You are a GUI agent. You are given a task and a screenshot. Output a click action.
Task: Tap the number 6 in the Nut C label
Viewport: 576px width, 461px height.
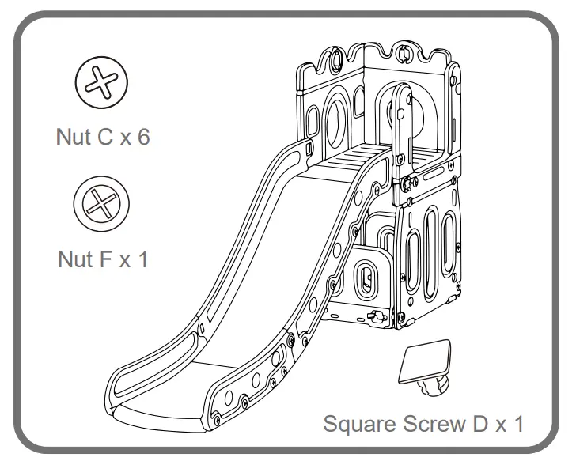pyautogui.click(x=142, y=137)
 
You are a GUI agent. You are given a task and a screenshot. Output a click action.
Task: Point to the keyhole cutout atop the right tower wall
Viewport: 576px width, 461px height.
pyautogui.click(x=404, y=54)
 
